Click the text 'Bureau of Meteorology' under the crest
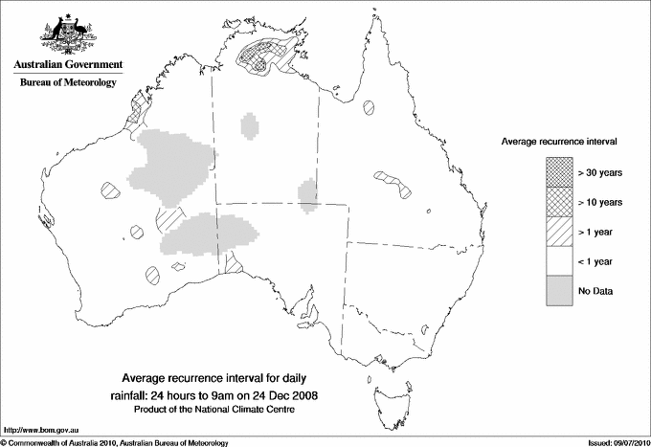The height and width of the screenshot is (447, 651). pos(68,83)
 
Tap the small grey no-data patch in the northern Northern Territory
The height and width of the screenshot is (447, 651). pos(251,124)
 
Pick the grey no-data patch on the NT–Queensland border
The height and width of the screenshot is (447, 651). pos(307,194)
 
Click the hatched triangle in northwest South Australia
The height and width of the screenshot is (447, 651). pos(231,260)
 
